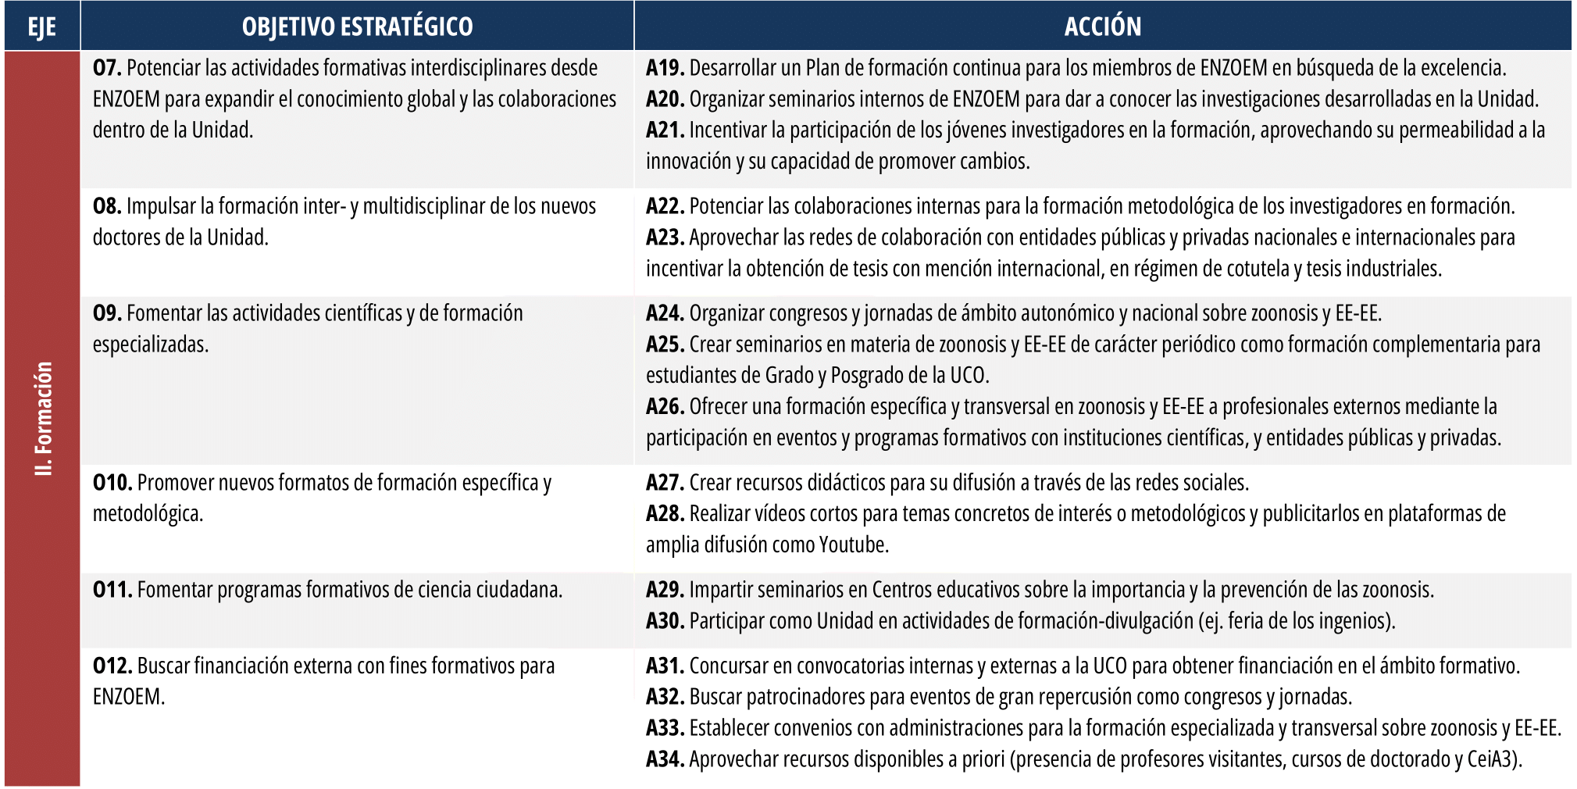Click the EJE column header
[41, 27]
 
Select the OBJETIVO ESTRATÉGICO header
[357, 27]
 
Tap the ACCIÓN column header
[1102, 27]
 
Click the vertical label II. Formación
[44, 418]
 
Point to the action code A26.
[665, 407]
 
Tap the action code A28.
[665, 514]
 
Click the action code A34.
[665, 759]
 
